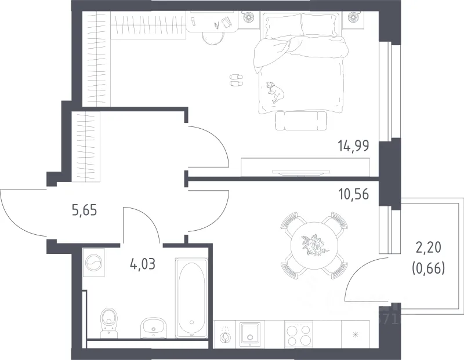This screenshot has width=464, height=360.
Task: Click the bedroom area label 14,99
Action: [353, 146]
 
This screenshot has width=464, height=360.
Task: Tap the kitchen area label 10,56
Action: [354, 194]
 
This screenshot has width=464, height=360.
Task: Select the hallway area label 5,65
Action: [84, 210]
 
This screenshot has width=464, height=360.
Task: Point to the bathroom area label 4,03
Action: [143, 264]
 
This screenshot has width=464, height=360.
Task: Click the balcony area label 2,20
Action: [429, 248]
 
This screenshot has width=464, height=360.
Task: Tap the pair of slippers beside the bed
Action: [237, 80]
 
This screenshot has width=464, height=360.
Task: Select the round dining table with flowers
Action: [314, 245]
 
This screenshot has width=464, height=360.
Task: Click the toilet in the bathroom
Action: [109, 323]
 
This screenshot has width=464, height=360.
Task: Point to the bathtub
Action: [191, 298]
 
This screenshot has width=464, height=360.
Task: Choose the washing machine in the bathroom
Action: [94, 263]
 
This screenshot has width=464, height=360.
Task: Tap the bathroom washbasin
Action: [153, 328]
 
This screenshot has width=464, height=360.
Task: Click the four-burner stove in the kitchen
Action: [299, 334]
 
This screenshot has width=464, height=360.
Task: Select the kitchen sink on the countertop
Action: [250, 334]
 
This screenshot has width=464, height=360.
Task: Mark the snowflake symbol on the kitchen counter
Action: [356, 334]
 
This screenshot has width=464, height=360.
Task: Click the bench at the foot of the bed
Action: [301, 121]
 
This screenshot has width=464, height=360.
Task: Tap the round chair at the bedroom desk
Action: [213, 38]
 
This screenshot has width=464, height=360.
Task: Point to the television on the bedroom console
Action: [301, 172]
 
